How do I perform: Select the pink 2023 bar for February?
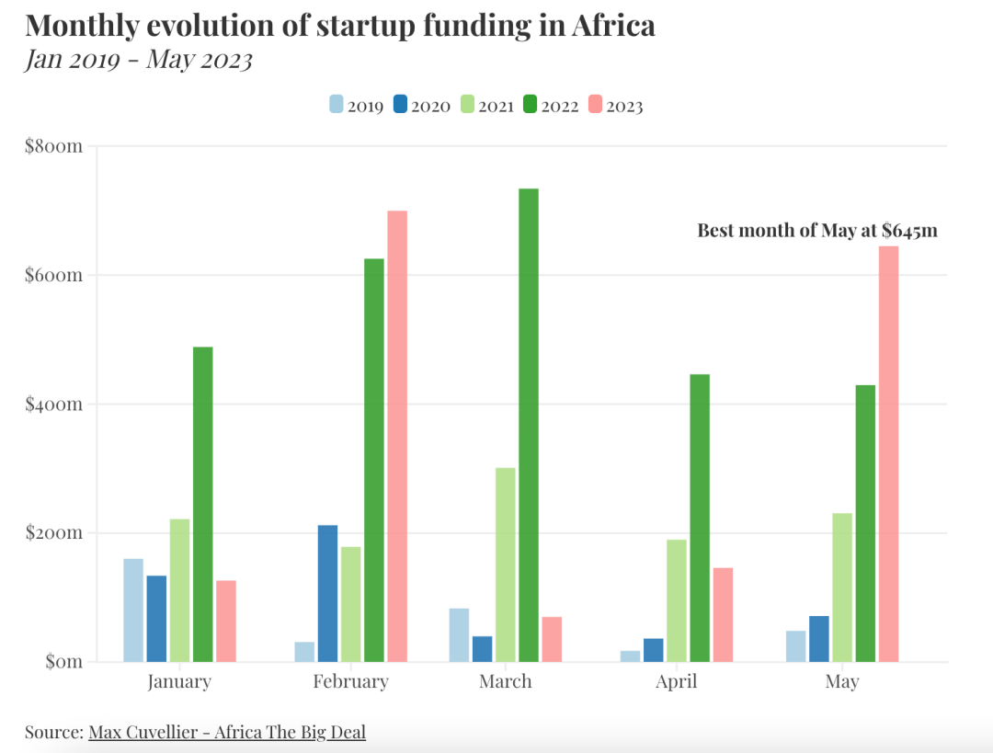point(397,436)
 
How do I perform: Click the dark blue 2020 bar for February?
point(328,593)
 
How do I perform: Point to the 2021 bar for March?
point(506,565)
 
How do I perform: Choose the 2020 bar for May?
point(819,638)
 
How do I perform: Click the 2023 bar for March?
point(552,638)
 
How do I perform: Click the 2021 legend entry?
point(486,106)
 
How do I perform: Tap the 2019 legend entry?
point(356,106)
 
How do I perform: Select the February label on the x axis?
point(350,681)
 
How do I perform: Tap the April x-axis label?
point(676,681)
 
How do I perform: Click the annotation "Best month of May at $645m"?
point(816,230)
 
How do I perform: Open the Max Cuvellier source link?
point(227,732)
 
